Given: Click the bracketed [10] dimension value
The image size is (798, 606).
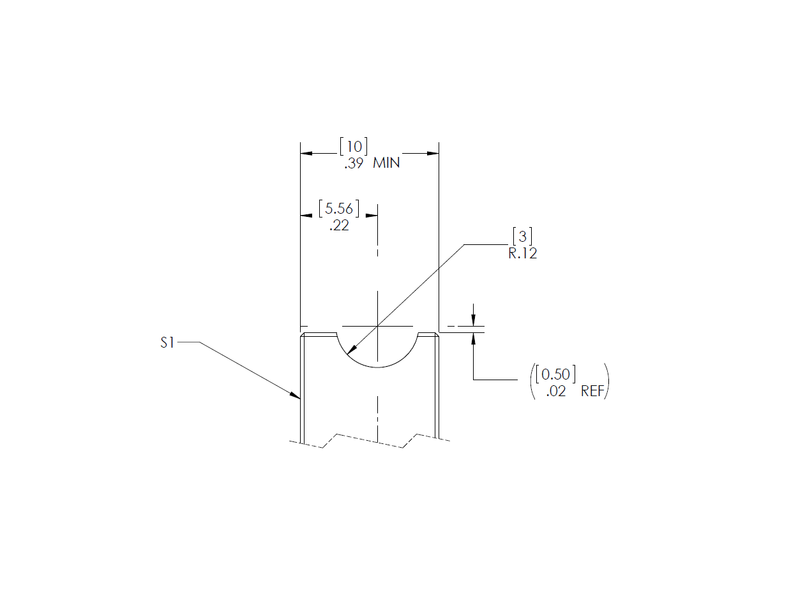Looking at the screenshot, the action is click(353, 146).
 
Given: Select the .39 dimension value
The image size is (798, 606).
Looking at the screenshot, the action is click(354, 163).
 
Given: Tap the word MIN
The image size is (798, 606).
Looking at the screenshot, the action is click(386, 163).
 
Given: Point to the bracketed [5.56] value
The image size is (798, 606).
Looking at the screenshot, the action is click(339, 209).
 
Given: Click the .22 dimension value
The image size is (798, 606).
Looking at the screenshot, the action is click(339, 225).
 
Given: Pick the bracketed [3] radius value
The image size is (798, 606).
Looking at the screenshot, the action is click(522, 237).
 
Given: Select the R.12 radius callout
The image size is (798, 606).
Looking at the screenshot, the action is click(522, 253).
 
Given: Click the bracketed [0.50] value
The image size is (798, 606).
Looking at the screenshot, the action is click(555, 374).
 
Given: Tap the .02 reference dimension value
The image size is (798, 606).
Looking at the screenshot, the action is click(556, 392).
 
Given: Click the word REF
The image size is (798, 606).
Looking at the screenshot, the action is click(592, 392).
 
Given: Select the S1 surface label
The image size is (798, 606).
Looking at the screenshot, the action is click(167, 343).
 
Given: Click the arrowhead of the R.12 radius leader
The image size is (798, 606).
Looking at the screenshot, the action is click(352, 350).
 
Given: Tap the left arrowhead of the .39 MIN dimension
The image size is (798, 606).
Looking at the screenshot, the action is click(306, 153).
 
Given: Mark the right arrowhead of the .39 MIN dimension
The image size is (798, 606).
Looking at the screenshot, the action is click(433, 153).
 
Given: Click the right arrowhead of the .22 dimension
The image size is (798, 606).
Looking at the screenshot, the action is click(372, 216).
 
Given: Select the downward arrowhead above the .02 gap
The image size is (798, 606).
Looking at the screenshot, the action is click(473, 321).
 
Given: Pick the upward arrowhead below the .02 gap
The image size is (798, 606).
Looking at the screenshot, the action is click(473, 338).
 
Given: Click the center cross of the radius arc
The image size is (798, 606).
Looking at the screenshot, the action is click(377, 326).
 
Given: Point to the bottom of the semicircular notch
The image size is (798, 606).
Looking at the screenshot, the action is click(377, 367).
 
